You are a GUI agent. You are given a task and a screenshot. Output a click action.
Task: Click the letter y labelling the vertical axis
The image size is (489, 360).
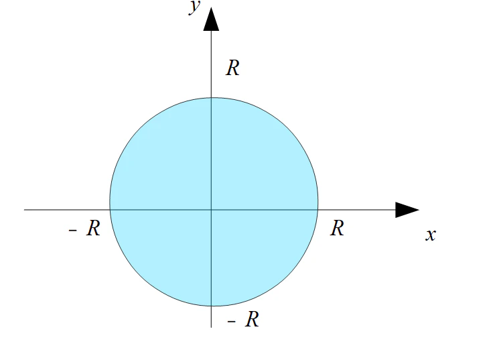[195, 8]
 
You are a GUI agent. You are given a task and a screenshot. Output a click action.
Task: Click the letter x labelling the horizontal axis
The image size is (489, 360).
[431, 235]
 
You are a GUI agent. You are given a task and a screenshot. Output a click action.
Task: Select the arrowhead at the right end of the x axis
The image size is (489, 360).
[406, 210]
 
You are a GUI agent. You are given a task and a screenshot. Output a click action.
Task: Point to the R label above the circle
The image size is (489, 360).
[232, 68]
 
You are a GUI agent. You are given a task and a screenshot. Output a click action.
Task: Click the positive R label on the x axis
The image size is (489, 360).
[338, 229]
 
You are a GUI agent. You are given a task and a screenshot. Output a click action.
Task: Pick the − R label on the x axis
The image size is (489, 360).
[85, 229]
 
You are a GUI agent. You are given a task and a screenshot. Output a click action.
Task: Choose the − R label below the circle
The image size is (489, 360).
[244, 320]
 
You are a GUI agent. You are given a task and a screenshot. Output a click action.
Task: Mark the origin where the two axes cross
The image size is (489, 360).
[212, 210]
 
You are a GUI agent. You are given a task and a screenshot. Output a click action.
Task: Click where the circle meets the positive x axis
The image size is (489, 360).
[318, 210]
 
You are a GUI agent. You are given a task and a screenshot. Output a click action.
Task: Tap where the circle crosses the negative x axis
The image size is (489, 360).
[110, 210]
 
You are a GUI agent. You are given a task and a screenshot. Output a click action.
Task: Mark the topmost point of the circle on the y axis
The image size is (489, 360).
[212, 98]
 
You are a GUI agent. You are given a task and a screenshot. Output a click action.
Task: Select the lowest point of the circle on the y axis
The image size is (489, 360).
[212, 306]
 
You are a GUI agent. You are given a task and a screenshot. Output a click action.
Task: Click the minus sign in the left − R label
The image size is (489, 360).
[73, 231]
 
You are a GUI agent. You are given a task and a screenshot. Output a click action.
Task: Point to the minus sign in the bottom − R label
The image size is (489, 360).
[232, 322]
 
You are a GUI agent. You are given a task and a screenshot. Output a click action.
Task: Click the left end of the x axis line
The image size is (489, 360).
[25, 210]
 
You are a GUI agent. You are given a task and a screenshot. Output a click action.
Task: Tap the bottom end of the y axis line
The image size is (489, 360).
[212, 327]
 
